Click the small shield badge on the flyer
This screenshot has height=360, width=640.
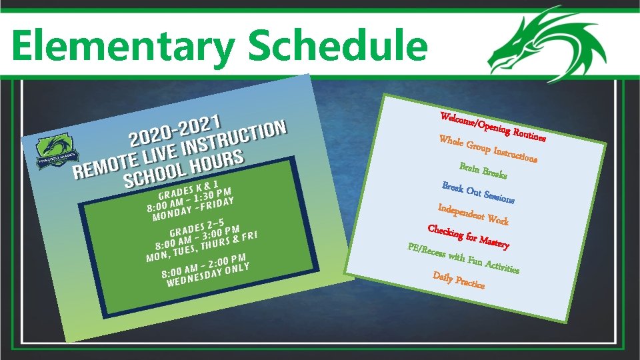[x=53, y=155]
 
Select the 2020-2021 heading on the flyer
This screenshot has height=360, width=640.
[x=175, y=129]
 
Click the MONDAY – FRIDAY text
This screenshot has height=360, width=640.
[x=193, y=208]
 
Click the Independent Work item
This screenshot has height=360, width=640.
[x=473, y=214]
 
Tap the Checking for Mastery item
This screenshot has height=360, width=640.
[x=469, y=237]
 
